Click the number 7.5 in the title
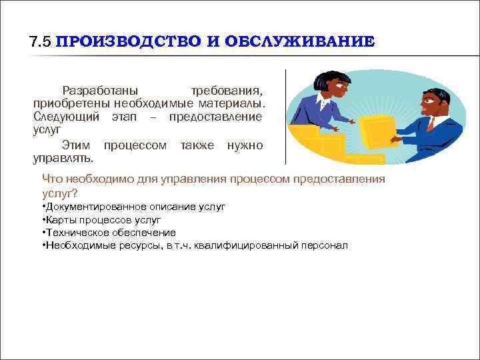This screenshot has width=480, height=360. click(x=41, y=41)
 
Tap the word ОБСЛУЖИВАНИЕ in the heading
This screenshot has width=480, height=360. click(x=300, y=41)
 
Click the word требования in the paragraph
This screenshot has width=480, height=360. click(x=226, y=90)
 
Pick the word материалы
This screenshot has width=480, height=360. click(x=234, y=103)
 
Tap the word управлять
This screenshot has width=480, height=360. click(x=63, y=159)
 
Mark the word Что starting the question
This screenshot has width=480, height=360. click(x=52, y=179)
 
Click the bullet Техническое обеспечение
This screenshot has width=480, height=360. click(x=110, y=233)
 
